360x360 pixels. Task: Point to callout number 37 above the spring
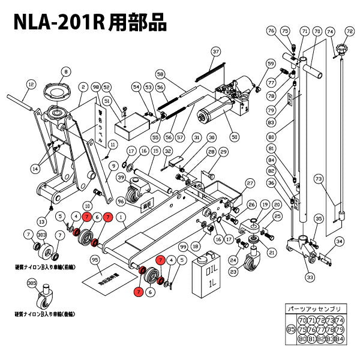coord(216,52)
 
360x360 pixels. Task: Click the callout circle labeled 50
coord(234,137)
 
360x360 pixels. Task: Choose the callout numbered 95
coord(94,260)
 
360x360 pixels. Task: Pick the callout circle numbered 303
coord(43,235)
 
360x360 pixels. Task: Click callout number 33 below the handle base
coord(310,277)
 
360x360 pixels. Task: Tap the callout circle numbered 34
coord(340,242)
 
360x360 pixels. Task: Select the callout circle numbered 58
coord(160,74)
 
